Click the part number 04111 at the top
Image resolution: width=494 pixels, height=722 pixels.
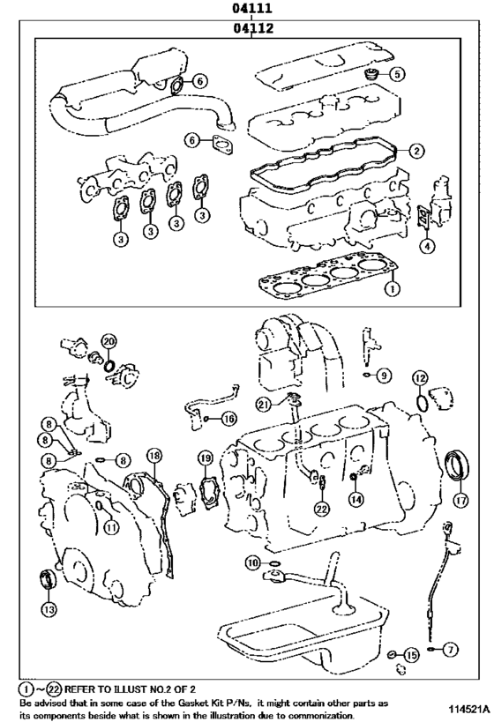click(x=251, y=8)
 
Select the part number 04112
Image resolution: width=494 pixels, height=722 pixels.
click(x=252, y=28)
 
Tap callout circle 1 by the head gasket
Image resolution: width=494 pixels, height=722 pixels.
click(x=393, y=288)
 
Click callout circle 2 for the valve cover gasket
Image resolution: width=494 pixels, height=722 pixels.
click(x=416, y=151)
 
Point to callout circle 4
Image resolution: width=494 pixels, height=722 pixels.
click(x=427, y=246)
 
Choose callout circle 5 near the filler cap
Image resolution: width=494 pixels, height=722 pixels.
click(x=397, y=74)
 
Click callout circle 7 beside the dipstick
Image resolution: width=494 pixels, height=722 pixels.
click(x=450, y=650)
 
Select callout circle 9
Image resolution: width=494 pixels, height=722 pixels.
click(x=384, y=376)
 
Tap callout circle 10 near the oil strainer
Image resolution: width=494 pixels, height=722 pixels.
click(x=253, y=562)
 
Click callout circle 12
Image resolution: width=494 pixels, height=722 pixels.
click(x=420, y=378)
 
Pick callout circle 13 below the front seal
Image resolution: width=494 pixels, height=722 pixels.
click(x=49, y=609)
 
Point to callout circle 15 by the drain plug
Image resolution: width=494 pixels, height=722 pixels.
click(x=411, y=655)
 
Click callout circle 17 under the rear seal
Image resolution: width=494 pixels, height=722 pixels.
click(x=460, y=501)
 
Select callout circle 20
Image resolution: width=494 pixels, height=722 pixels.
click(x=109, y=341)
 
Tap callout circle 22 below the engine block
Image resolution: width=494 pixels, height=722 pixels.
click(x=322, y=509)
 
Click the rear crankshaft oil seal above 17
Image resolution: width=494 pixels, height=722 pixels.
click(x=458, y=466)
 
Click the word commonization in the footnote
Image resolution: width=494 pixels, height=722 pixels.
click(x=323, y=716)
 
